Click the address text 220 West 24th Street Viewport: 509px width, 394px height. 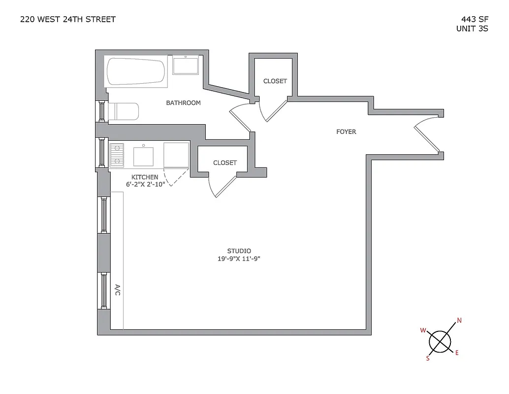(68, 20)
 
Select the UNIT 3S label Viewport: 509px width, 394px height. (472, 29)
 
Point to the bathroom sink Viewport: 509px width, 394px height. (186, 66)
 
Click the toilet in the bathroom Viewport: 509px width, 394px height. (123, 111)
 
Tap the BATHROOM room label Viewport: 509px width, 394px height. (183, 103)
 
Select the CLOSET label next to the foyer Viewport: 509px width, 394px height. (275, 81)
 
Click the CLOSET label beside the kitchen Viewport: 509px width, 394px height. (224, 163)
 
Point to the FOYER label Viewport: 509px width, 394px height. (346, 132)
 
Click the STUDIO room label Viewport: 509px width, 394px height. (239, 251)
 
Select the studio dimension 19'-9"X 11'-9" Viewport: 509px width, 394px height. (239, 259)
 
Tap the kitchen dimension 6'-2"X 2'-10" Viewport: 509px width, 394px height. (145, 185)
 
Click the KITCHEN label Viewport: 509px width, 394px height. (145, 177)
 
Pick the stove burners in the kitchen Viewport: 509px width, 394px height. (117, 155)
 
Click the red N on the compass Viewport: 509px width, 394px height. (459, 321)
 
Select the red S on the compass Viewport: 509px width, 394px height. (428, 359)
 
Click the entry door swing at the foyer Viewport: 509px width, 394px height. (426, 135)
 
